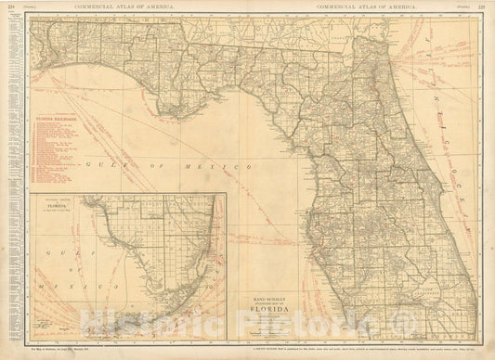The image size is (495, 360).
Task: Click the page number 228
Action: [10, 6]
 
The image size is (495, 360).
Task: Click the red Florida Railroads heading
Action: [56, 120]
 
